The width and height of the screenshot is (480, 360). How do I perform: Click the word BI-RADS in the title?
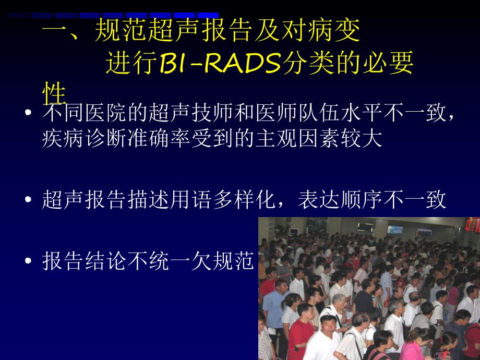click(x=220, y=65)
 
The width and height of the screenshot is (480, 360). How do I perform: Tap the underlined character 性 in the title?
click(x=54, y=94)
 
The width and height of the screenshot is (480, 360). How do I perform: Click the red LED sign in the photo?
click(x=472, y=224)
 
